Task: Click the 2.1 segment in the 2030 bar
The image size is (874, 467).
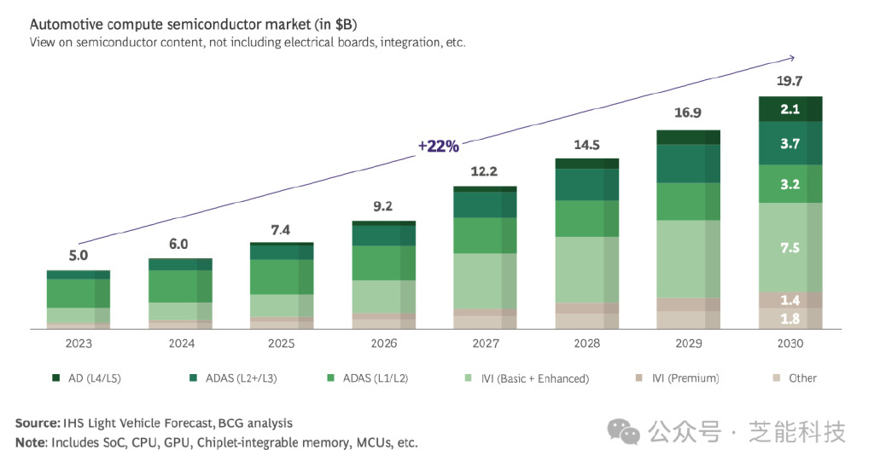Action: coord(790,109)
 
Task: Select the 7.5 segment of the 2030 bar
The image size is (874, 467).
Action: coord(790,248)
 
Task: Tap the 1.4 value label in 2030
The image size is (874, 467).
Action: coord(790,301)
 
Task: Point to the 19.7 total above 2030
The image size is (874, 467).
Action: coord(790,81)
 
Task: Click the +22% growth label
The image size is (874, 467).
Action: coord(438,146)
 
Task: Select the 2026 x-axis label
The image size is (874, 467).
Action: coord(384,343)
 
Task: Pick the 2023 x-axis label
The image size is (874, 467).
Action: coord(79,343)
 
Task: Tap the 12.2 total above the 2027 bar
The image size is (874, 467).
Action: coord(485,171)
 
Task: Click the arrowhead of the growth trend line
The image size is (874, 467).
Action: coord(792,58)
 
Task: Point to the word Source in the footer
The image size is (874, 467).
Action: coord(37,423)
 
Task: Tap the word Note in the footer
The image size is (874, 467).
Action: coord(31,442)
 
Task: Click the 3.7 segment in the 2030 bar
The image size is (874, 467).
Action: coord(790,144)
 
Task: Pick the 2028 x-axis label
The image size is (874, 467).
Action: coord(587,343)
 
